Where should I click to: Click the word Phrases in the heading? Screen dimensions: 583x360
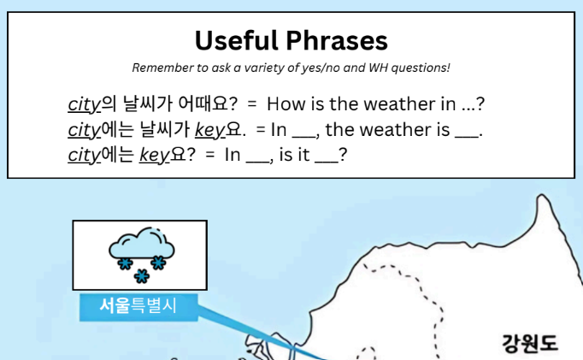337,40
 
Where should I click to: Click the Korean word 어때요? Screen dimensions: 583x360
208,103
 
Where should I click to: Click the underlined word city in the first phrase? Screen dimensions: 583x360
84,104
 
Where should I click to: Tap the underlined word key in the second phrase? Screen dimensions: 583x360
210,130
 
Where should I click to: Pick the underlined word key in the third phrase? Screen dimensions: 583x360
155,155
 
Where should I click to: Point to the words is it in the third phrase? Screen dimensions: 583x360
294,155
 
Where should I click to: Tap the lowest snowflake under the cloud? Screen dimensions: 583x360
142,276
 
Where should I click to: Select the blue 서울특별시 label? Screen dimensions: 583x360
138,306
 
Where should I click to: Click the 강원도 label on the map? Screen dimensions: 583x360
530,343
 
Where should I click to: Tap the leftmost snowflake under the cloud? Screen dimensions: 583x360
126,264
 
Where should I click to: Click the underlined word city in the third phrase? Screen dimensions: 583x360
84,155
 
